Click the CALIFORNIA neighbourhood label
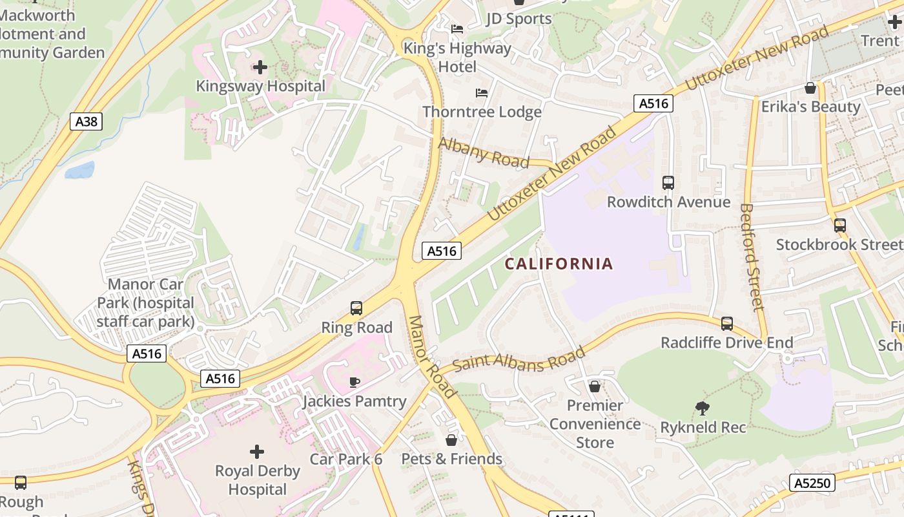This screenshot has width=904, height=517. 559,264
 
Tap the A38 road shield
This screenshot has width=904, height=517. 86,121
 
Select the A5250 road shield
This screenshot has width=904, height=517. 812,483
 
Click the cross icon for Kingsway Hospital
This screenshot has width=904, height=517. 260,67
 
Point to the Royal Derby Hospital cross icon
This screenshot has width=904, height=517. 257,451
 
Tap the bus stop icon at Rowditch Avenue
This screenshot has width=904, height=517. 668,183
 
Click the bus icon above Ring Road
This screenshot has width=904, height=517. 356,308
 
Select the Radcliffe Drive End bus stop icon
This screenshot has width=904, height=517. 727,323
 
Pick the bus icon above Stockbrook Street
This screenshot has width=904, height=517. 839,226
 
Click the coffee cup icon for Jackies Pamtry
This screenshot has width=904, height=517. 354,382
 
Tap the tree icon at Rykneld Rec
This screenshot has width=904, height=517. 703,408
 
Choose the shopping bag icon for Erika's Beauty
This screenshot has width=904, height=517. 810,88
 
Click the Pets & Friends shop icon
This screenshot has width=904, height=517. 451,440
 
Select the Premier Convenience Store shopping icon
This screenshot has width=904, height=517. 595,386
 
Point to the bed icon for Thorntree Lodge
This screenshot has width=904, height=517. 482,93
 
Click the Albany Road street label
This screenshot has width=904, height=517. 484,153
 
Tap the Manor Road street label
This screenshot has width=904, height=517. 433,356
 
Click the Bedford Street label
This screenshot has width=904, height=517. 752,257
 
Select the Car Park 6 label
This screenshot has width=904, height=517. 346,459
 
